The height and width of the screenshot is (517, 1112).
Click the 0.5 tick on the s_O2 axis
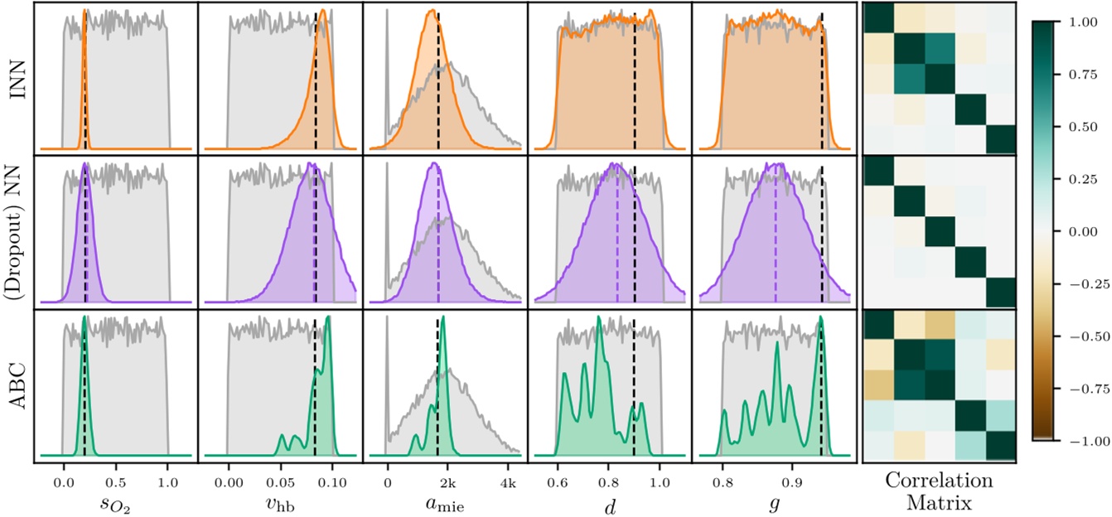coord(115,480)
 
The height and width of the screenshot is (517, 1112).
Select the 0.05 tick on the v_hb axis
coord(280,480)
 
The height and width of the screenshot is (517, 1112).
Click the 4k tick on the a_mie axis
coord(509,480)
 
